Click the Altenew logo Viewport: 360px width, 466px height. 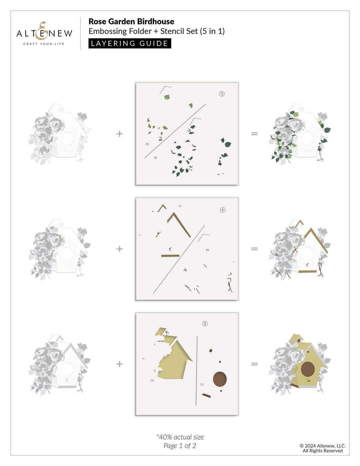click(x=44, y=33)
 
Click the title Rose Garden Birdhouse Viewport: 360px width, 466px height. click(x=131, y=22)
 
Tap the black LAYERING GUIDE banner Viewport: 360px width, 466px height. click(x=130, y=43)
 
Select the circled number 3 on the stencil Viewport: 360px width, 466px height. click(x=222, y=94)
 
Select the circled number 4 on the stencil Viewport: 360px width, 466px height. click(x=223, y=210)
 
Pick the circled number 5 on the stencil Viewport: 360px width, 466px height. click(x=205, y=324)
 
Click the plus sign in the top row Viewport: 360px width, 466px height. click(x=120, y=134)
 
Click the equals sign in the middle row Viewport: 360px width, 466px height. click(x=254, y=249)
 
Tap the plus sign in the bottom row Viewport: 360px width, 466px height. click(x=120, y=364)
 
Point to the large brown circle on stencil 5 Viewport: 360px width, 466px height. click(x=220, y=379)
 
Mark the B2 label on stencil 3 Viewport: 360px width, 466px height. click(x=147, y=144)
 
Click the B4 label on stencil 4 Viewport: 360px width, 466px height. click(x=207, y=250)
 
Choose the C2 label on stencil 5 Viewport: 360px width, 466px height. click(x=152, y=380)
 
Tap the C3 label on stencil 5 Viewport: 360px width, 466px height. click(x=202, y=385)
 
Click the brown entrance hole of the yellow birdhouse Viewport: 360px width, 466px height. click(x=307, y=369)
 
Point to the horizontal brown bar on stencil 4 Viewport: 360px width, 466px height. click(x=170, y=256)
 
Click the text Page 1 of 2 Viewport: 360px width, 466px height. click(x=180, y=446)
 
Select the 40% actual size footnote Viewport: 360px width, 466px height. click(x=180, y=437)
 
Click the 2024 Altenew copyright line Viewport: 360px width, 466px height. click(x=322, y=446)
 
